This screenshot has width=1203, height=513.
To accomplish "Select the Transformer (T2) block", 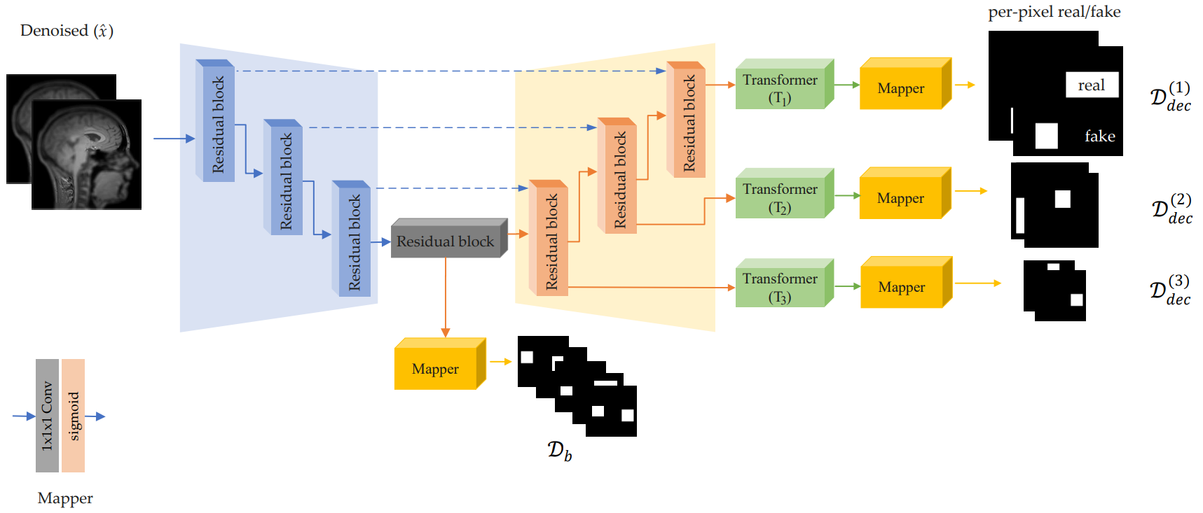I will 781,197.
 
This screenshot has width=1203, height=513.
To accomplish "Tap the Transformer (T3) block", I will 781,287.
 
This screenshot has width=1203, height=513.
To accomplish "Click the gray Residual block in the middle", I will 446,241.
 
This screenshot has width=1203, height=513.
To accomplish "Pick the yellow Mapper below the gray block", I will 436,368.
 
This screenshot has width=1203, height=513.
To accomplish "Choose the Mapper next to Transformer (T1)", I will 902,88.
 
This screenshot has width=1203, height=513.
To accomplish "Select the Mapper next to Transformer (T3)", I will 902,287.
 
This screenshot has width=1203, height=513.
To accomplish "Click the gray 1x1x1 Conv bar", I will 47,416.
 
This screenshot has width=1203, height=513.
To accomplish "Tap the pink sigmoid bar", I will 74,416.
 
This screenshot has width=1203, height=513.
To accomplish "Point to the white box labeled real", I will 1092,85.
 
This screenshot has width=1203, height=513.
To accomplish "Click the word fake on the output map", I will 1099,136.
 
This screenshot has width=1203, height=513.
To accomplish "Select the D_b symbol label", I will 559,451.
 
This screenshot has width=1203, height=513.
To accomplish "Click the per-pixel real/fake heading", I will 1054,12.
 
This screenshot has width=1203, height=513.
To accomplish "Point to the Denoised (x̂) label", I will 67,31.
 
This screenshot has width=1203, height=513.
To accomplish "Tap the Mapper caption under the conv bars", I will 65,498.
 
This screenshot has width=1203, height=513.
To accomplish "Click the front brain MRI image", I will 87,155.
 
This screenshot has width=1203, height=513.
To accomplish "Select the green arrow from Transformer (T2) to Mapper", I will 847,196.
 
